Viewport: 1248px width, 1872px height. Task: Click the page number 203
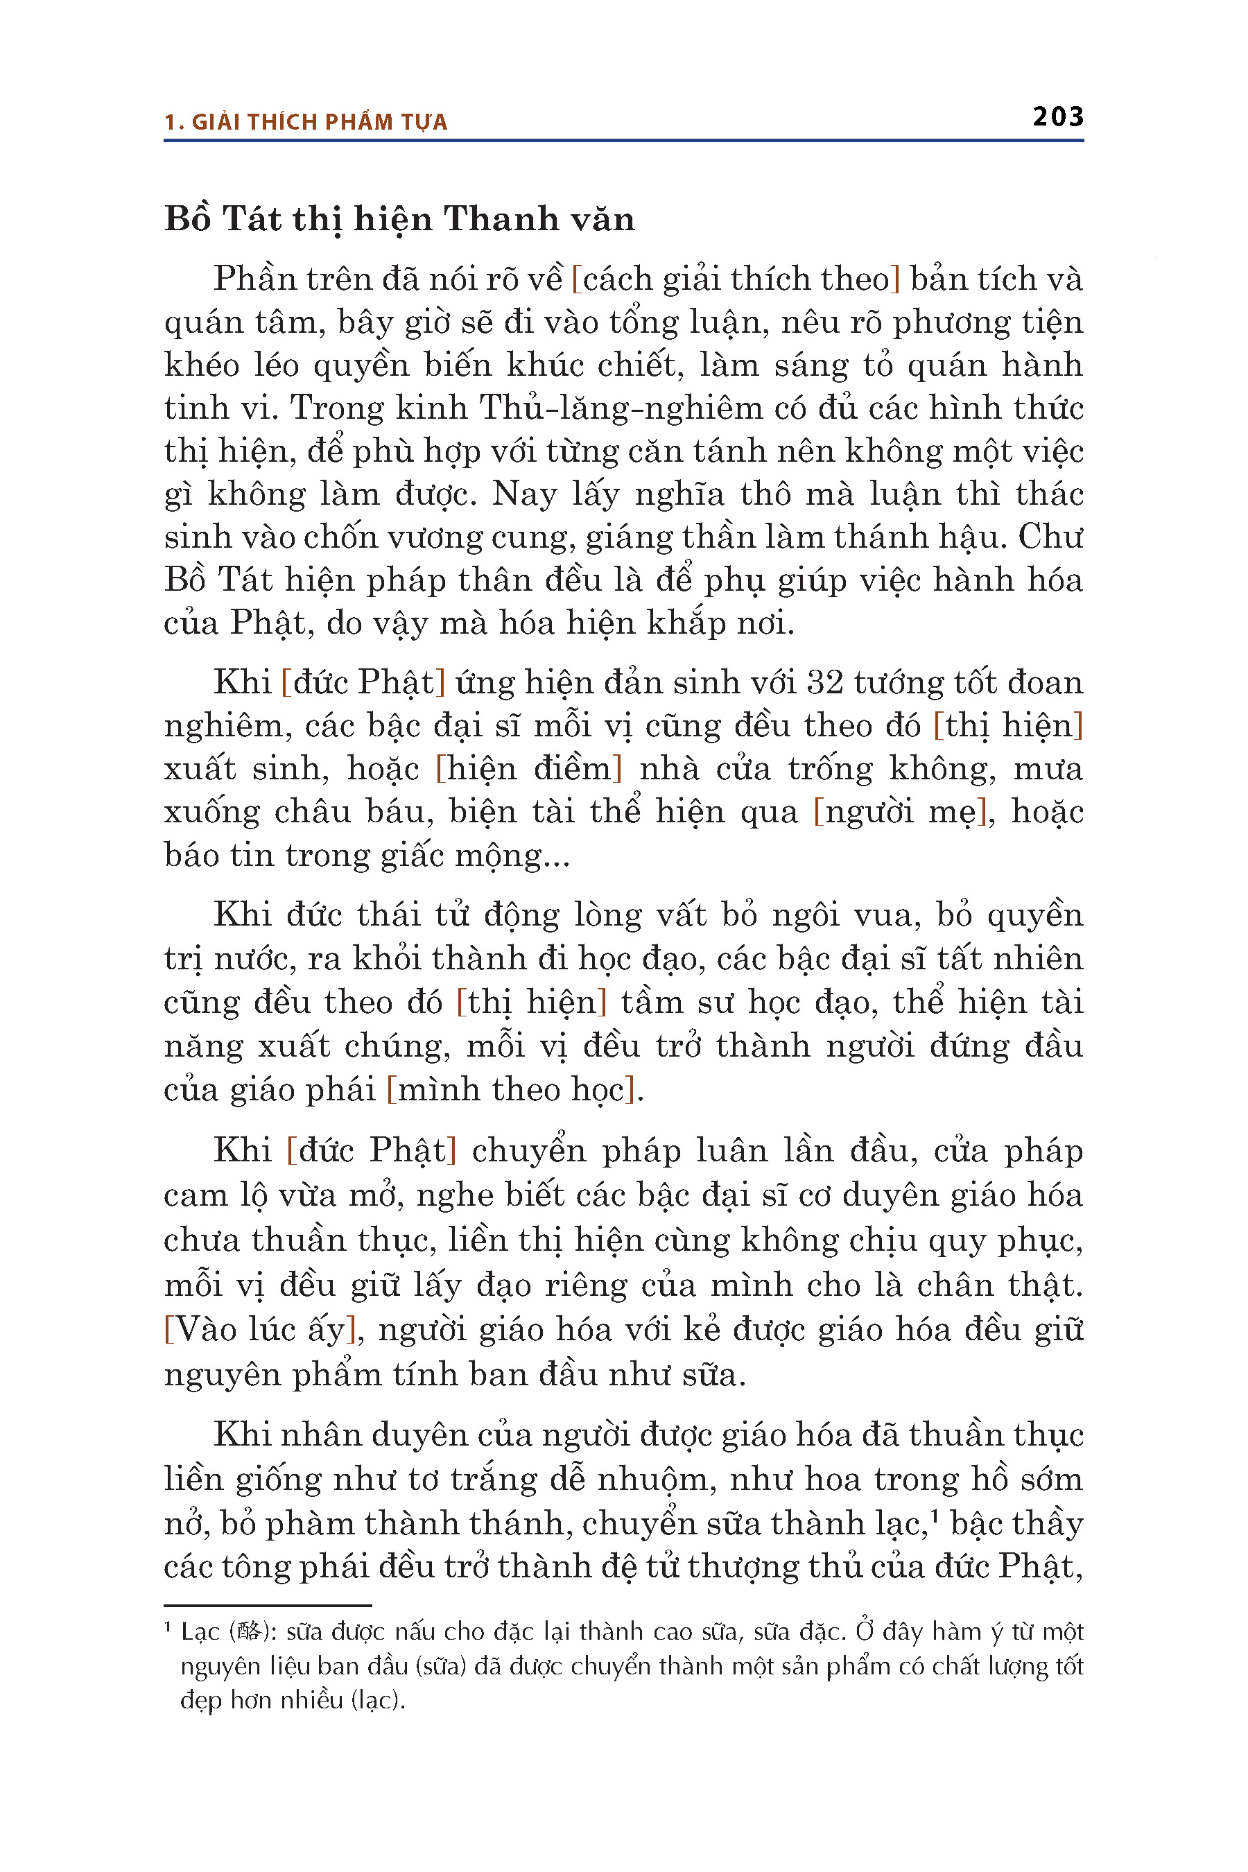(1058, 117)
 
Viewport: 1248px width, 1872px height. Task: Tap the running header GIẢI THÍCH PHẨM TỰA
(319, 123)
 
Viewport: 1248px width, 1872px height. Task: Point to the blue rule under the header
(623, 141)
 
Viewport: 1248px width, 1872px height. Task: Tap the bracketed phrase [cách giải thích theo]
(736, 279)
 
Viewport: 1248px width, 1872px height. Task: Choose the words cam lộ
(209, 1195)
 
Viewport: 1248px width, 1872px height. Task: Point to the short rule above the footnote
(268, 1605)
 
